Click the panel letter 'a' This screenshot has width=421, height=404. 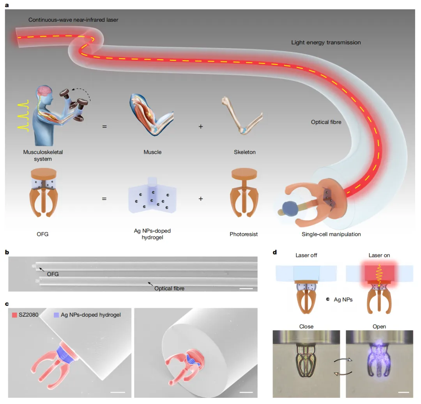pos(7,5)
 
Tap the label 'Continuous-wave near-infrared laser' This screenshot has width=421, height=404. pos(73,20)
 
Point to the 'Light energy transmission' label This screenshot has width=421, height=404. pos(326,43)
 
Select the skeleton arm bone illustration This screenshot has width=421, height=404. pos(242,115)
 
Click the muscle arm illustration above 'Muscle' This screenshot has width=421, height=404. pos(151,115)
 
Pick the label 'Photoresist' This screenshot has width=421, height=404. pos(244,234)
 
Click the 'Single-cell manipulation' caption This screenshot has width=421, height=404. pos(331,234)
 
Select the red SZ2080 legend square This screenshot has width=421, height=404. pos(14,315)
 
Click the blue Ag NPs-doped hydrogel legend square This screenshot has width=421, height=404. pos(57,315)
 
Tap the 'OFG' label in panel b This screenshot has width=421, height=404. pos(53,274)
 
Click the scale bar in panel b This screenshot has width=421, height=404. pos(246,289)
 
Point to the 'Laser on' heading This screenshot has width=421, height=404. pos(379,255)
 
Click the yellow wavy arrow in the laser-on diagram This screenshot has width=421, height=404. pos(379,276)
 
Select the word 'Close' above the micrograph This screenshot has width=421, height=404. pos(306,326)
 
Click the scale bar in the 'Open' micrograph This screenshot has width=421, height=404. pos(403,392)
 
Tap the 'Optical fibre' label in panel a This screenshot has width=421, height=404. pos(326,122)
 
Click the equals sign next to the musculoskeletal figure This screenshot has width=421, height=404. pos(104,126)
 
